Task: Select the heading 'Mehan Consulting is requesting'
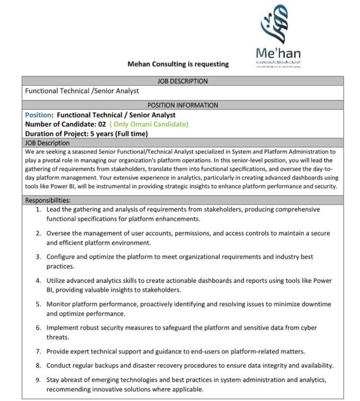[x=178, y=64]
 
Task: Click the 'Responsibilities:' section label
[x=48, y=201]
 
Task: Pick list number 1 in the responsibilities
[x=39, y=210]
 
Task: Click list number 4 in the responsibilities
[x=39, y=280]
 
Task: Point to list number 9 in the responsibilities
[x=39, y=379]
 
